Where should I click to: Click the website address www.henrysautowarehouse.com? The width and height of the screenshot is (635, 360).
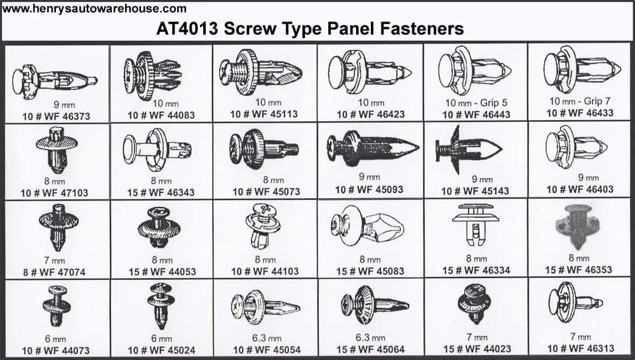(95, 8)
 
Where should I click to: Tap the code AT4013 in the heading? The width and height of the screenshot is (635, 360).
(187, 29)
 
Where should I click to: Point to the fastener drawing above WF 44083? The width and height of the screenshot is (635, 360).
(152, 76)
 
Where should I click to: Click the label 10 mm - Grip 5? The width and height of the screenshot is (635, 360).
(476, 103)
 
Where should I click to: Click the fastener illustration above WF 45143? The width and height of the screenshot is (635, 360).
(469, 149)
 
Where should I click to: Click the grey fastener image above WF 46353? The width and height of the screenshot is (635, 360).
(577, 226)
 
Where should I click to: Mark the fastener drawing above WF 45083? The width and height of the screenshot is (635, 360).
(367, 226)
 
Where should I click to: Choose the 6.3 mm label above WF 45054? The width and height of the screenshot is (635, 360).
(267, 338)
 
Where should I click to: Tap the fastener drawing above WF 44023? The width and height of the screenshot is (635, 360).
(474, 303)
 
